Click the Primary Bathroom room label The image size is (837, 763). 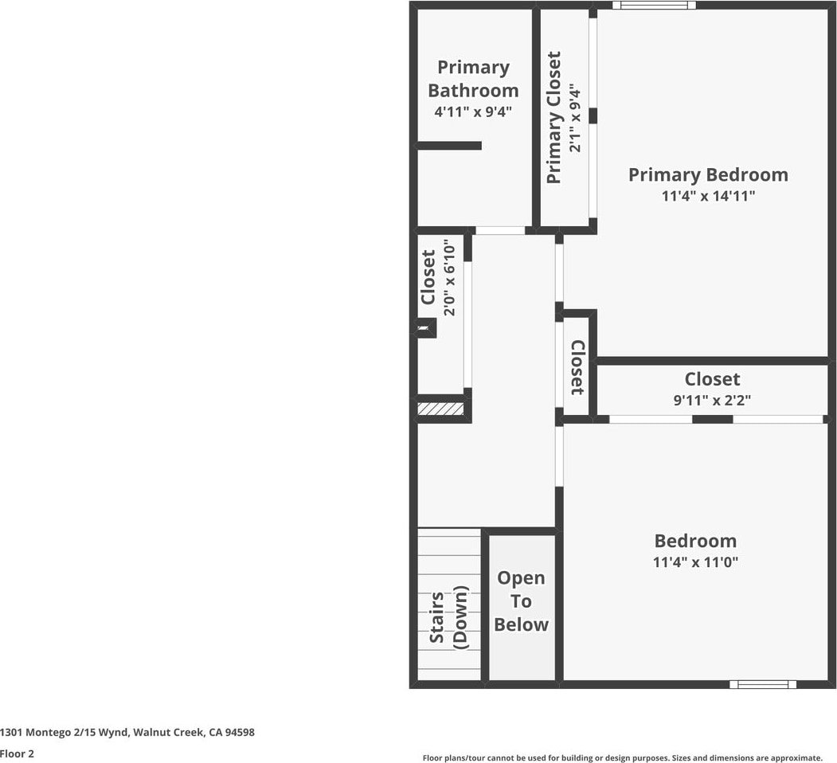point(473,79)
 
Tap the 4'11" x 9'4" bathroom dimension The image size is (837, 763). point(473,112)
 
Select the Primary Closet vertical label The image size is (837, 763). point(553,118)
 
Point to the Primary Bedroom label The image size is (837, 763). point(708,174)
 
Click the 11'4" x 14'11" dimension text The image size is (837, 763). point(708,195)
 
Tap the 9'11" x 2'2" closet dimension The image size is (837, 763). point(712,400)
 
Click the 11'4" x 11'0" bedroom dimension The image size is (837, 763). point(695,561)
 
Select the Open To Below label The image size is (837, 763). point(521,601)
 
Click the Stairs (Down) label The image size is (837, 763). point(448,617)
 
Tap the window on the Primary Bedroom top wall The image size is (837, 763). point(654,5)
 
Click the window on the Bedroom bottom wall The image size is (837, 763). point(763,683)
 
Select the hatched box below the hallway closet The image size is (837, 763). point(440,409)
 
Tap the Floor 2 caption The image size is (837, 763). point(18,753)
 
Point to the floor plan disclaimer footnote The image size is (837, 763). point(622,757)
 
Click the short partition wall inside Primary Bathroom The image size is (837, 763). point(449,146)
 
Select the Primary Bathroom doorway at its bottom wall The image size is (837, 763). point(500,230)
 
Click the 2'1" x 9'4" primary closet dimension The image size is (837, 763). point(577,118)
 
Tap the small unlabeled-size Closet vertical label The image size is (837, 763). point(577,367)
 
